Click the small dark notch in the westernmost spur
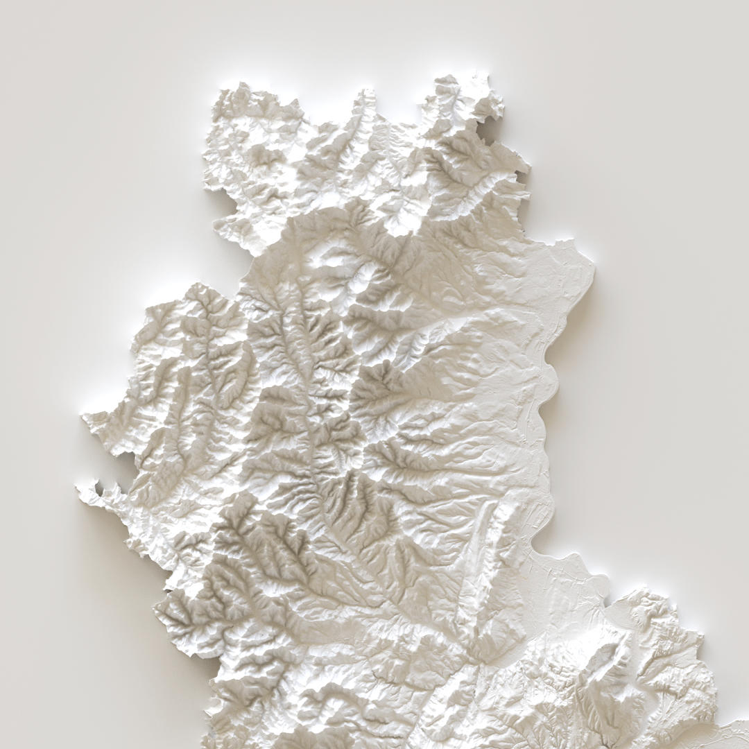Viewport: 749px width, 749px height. pyautogui.click(x=99, y=490)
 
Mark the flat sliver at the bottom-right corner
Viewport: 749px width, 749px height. pyautogui.click(x=735, y=728)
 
